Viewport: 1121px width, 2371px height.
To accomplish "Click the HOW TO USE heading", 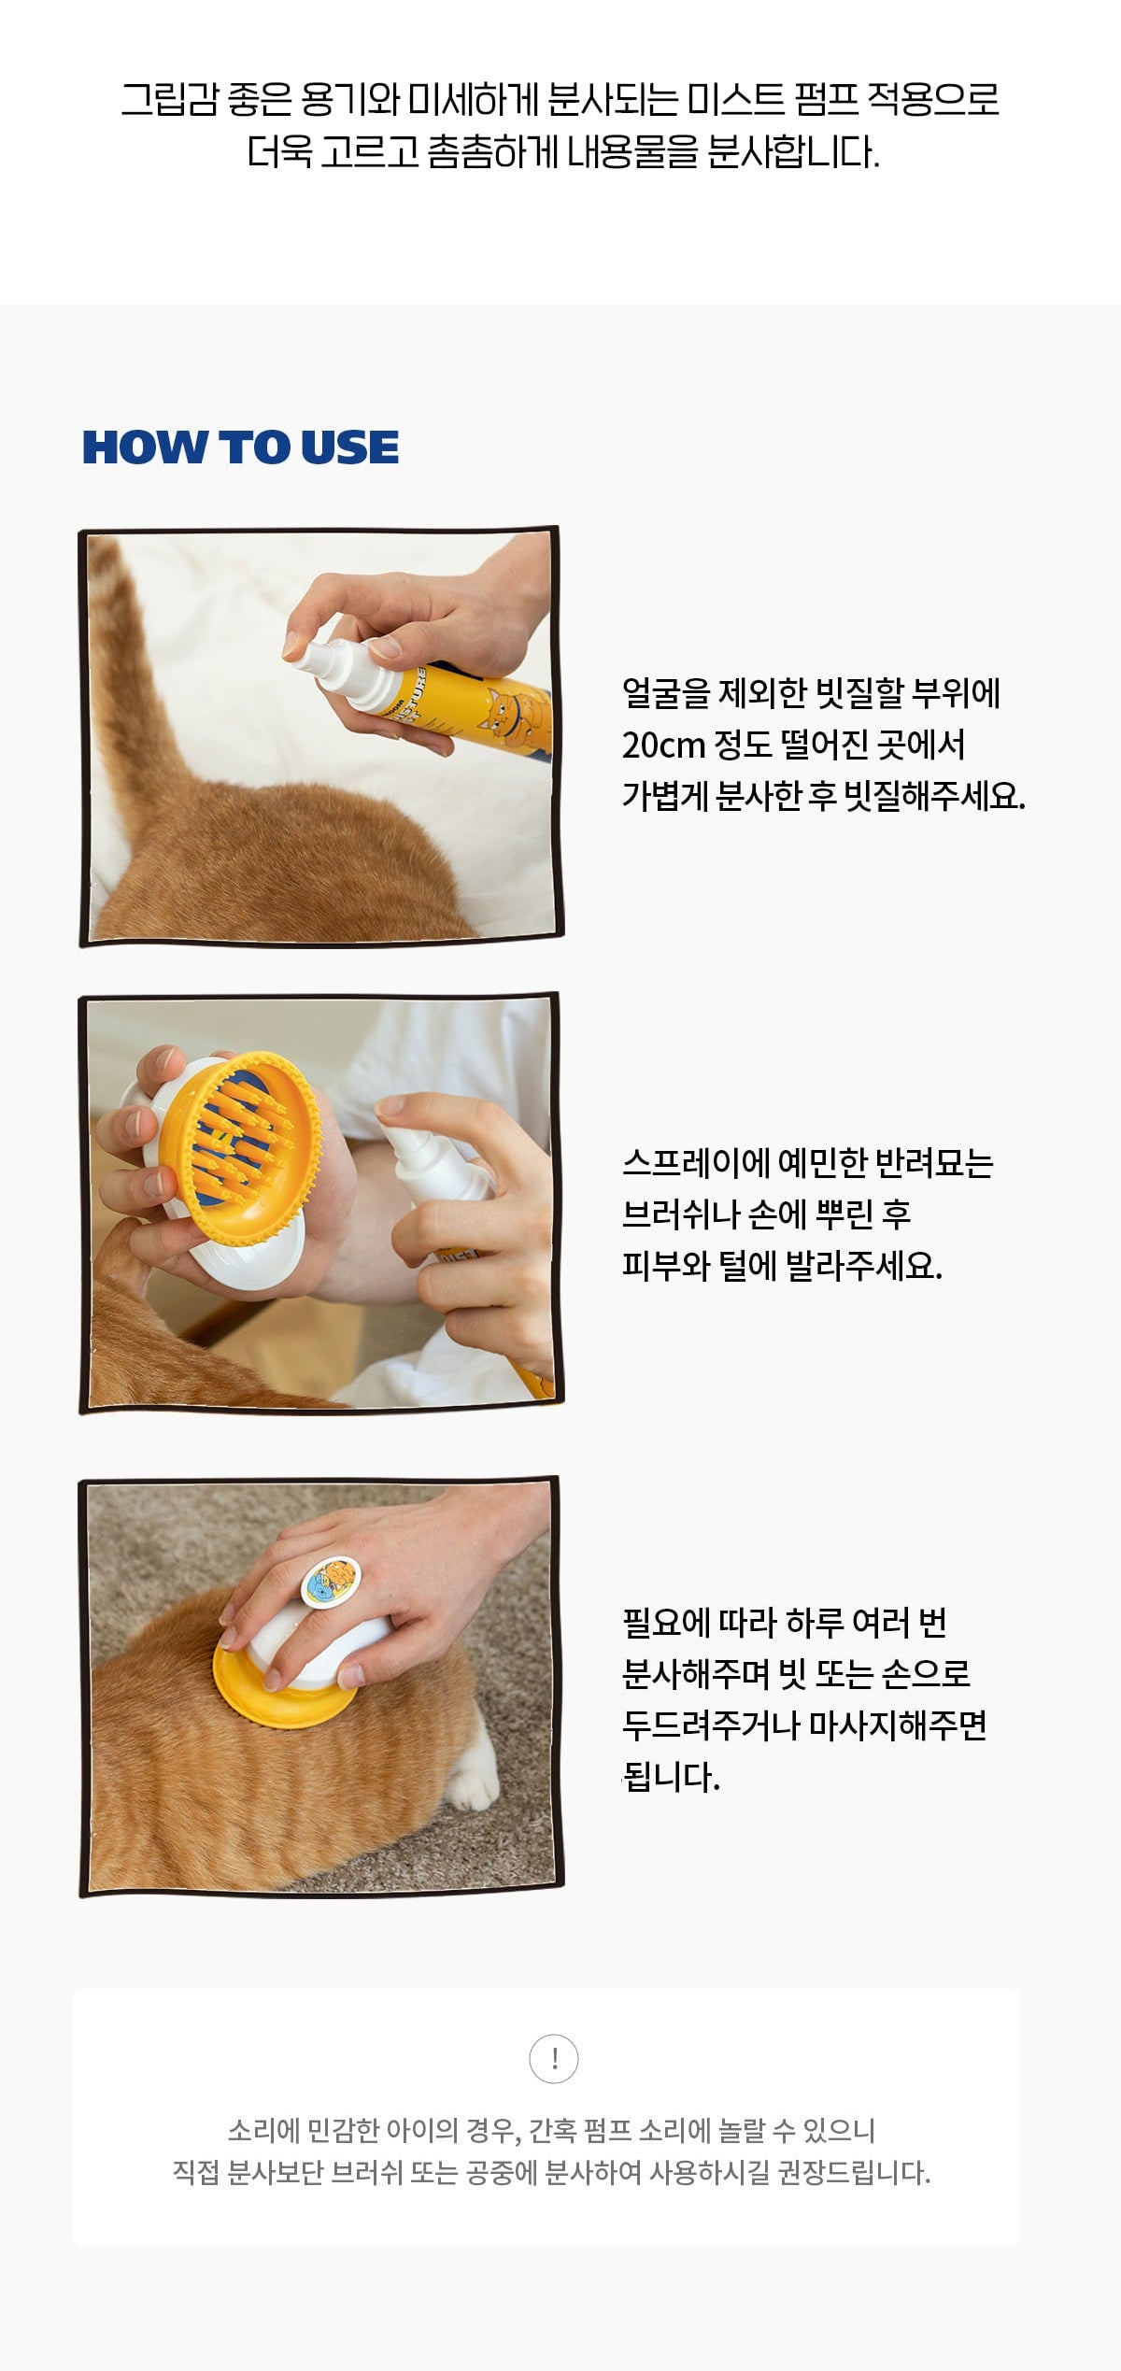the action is click(241, 447).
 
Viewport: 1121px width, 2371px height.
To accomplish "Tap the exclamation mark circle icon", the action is click(554, 2058).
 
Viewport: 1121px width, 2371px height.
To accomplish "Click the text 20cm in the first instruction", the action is click(663, 745).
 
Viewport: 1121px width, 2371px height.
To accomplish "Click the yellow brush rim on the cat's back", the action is click(280, 1682).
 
